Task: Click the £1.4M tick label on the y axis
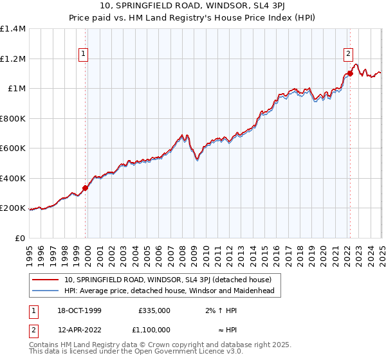(x=14, y=29)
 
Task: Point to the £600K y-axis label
(x=13, y=148)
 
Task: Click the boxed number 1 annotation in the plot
(x=84, y=55)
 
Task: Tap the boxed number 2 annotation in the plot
(x=348, y=55)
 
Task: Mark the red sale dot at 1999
(x=86, y=188)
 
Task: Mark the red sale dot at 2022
(x=350, y=73)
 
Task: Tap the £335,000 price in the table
(x=154, y=310)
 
